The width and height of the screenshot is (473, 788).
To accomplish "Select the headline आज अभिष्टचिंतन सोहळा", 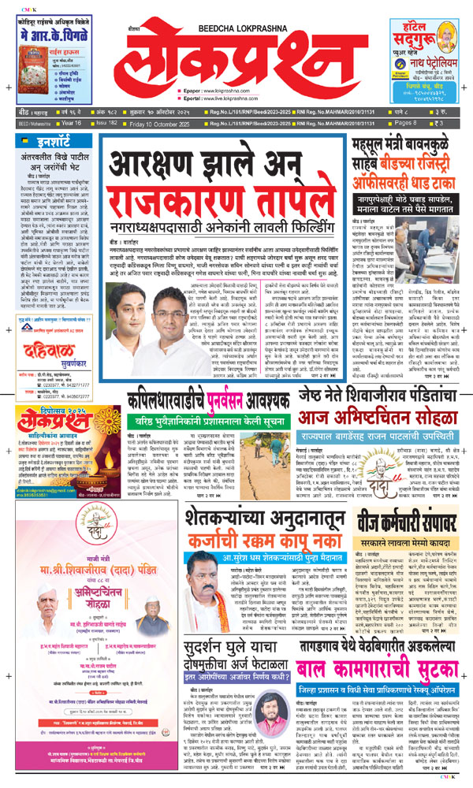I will pos(382,421).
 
